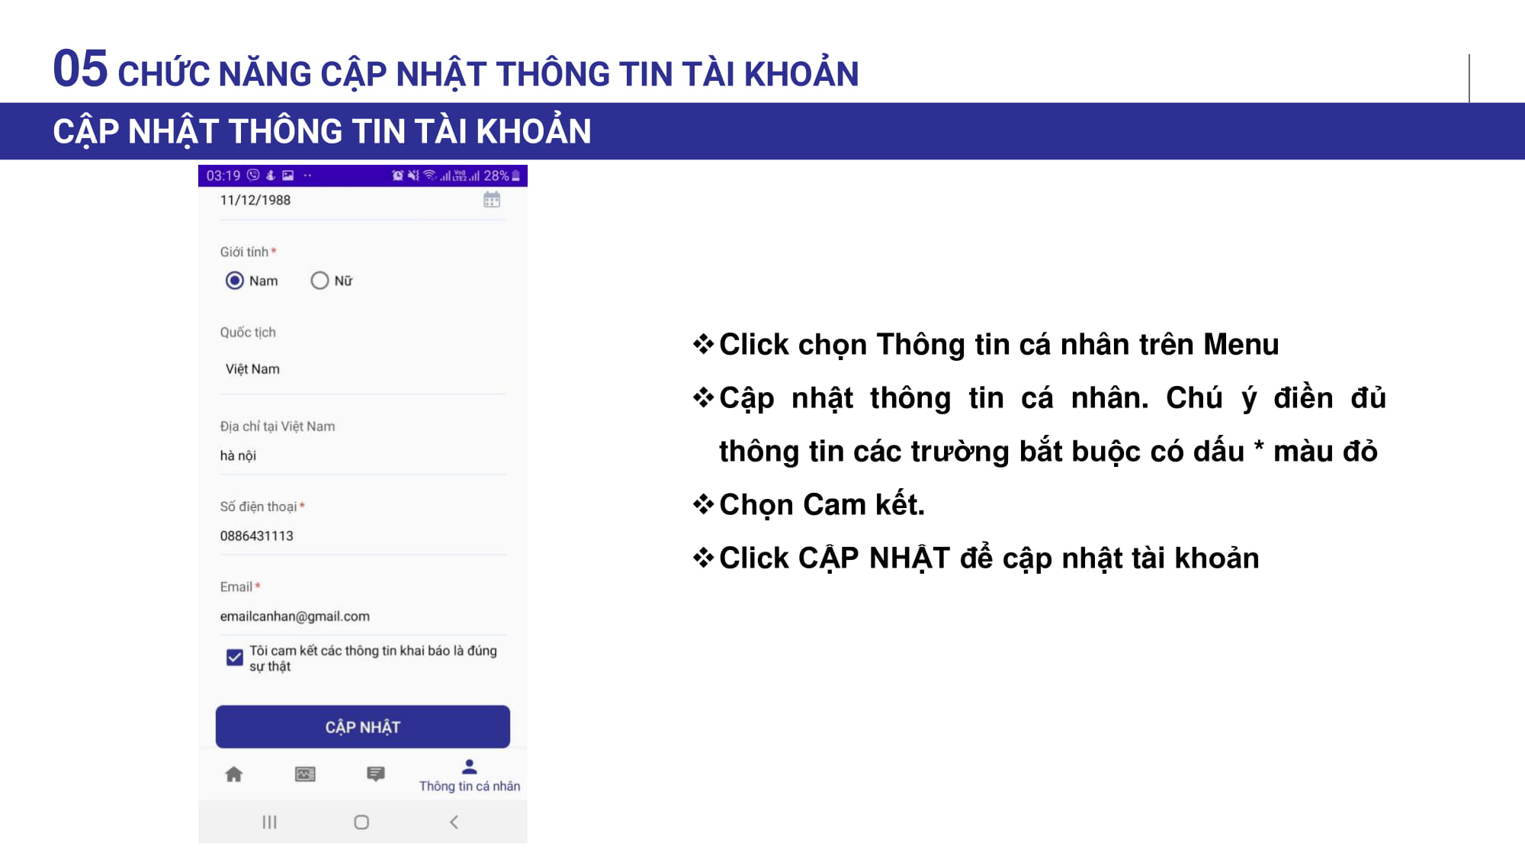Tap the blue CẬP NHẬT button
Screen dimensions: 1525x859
click(362, 726)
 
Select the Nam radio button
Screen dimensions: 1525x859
click(235, 281)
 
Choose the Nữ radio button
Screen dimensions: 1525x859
click(319, 281)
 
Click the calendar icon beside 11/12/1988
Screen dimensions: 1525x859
click(492, 200)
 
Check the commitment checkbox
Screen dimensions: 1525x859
click(235, 657)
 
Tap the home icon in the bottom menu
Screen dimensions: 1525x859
click(234, 774)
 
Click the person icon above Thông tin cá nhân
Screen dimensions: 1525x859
click(470, 766)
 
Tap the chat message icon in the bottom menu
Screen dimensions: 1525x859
click(376, 774)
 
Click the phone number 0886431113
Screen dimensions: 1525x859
click(257, 536)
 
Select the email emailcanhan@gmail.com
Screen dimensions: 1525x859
click(295, 616)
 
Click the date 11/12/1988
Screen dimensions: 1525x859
click(255, 200)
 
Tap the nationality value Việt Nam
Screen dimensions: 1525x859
click(252, 369)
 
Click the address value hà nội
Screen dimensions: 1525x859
click(238, 455)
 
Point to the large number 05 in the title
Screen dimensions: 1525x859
click(80, 68)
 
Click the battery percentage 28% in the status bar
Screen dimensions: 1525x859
click(496, 175)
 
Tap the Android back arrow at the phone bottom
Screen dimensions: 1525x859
click(454, 822)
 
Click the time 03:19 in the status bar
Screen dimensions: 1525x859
click(223, 175)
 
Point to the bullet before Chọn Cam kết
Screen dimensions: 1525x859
click(703, 503)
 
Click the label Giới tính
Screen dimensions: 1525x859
click(244, 252)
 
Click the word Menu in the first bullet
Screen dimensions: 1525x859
click(1241, 345)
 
